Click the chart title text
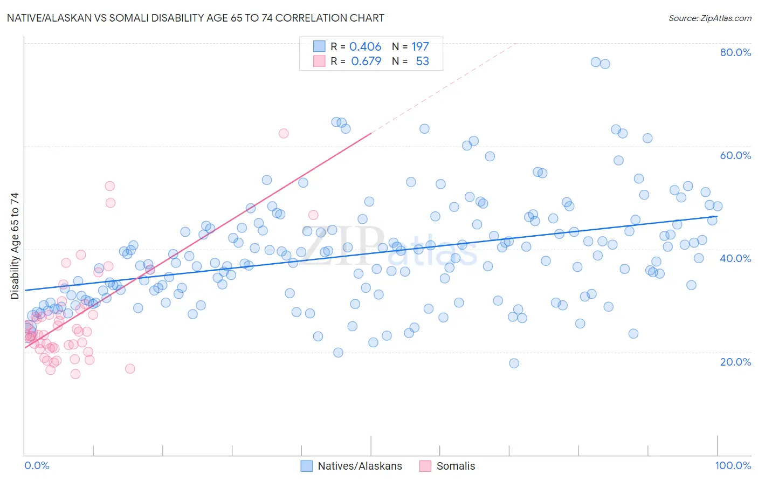pos(195,18)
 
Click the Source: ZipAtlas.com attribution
pos(709,18)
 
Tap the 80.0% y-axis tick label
pos(735,52)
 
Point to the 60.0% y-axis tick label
pos(735,155)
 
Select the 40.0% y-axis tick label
pos(735,258)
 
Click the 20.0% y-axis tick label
pos(735,362)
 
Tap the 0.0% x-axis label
pos(37,465)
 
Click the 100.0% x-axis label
pos(733,465)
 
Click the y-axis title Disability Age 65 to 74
pos(15,246)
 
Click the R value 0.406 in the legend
pos(365,47)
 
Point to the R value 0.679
pos(366,61)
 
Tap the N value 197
pos(420,47)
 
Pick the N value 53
pos(422,61)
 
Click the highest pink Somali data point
pos(284,133)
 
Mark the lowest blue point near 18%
pos(514,363)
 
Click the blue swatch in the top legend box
pos(319,46)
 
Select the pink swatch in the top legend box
pos(319,61)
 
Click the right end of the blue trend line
pos(716,216)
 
